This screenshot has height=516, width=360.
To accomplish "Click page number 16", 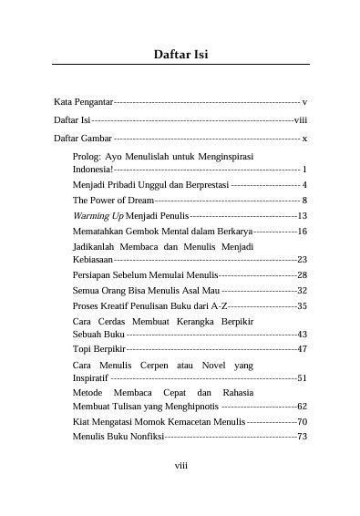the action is (302, 232).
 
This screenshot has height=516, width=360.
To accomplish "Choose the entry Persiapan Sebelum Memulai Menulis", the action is (145, 274).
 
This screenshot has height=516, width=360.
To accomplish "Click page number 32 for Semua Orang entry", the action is (302, 290).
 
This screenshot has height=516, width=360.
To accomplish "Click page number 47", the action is (302, 349).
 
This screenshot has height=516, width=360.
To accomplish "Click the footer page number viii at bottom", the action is (181, 464).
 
